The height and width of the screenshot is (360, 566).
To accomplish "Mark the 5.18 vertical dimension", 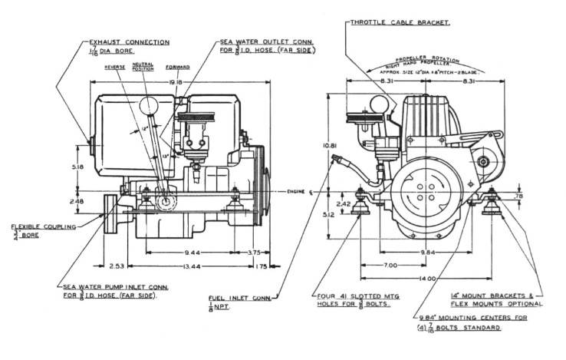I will click(92, 166).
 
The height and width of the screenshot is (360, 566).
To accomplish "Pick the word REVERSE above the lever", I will click(116, 67).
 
